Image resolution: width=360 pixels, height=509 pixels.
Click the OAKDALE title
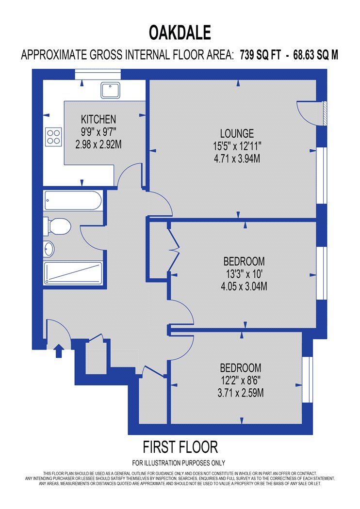tap(180, 32)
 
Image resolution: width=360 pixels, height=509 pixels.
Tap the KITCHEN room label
tap(98, 119)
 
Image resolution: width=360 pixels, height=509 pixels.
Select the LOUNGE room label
tap(237, 133)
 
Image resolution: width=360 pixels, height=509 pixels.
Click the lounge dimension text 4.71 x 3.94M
tap(237, 159)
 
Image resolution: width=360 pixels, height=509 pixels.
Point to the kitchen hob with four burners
tap(53, 137)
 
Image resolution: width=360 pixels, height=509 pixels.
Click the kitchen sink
tap(110, 90)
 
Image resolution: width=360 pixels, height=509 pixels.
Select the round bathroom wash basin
tap(49, 249)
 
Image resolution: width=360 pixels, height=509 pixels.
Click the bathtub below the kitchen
tap(73, 201)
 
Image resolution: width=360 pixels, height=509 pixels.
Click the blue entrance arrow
tap(59, 351)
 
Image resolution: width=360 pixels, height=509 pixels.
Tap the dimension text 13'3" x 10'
tap(244, 274)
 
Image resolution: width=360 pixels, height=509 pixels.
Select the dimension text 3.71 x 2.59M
tap(241, 393)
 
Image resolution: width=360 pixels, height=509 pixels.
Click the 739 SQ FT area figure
tap(260, 54)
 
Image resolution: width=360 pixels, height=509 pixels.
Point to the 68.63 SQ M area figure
tap(315, 54)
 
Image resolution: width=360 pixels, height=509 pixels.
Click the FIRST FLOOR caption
tap(180, 447)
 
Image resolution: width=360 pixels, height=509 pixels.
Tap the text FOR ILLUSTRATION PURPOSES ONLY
tap(179, 462)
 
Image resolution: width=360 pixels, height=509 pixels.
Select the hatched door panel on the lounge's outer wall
tap(325, 113)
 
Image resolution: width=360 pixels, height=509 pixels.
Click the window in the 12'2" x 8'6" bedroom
tap(308, 380)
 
